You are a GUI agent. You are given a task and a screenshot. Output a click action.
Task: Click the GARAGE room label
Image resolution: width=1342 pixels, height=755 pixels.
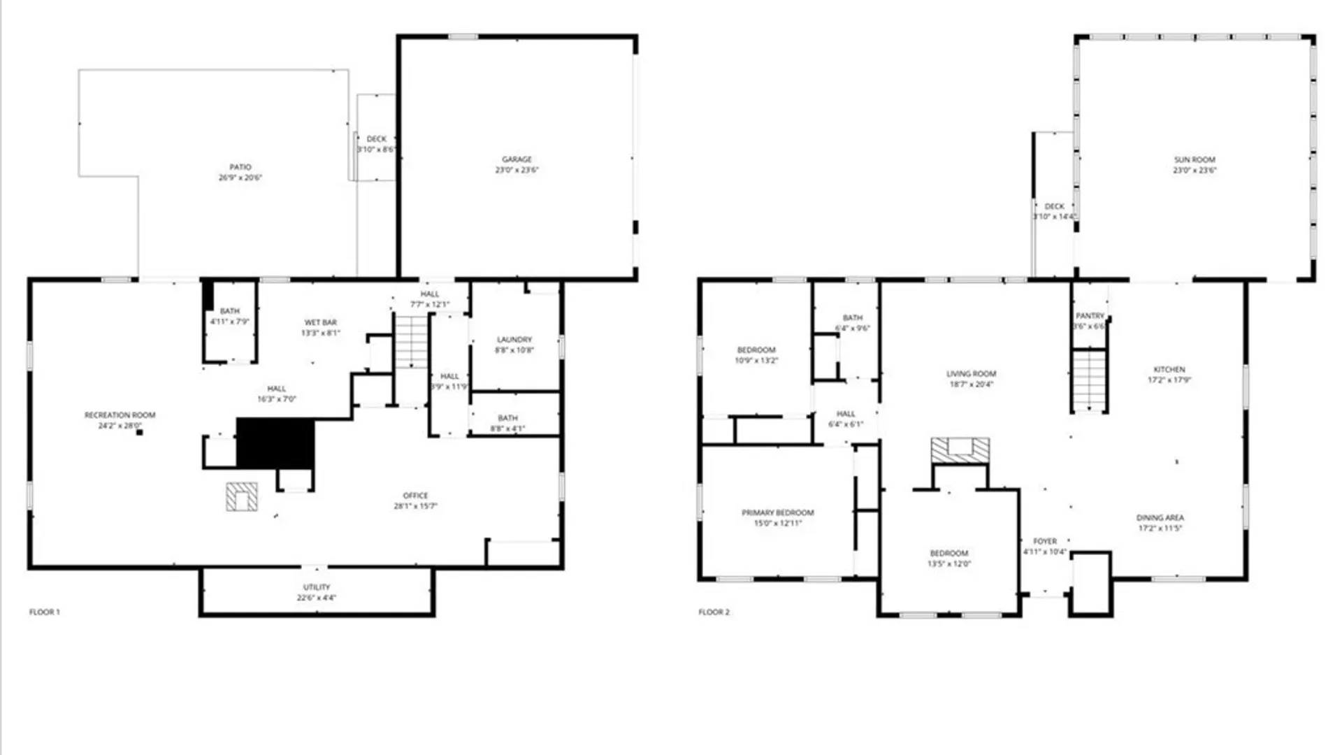pos(517,159)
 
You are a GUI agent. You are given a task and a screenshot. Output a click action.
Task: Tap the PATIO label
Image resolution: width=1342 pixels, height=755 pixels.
pos(240,167)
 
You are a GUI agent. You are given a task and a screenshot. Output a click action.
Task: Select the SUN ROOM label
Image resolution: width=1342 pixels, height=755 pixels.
pos(1195,159)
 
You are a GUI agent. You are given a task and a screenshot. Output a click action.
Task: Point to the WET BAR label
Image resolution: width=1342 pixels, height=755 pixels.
pos(321,322)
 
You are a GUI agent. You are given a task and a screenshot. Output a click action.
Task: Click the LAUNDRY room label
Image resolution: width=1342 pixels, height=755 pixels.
pos(514,339)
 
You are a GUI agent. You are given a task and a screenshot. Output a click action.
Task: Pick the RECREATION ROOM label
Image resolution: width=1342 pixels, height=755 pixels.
pos(120,415)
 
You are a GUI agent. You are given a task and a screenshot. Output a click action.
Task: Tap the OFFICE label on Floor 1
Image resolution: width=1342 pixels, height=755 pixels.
pos(415,495)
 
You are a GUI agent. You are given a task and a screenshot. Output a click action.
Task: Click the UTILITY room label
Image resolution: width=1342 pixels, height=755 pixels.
pos(317,587)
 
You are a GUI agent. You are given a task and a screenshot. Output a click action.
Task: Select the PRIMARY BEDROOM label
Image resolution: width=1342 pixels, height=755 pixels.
pos(777,512)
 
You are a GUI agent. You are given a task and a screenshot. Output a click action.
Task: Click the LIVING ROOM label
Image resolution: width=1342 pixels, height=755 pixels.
pos(971,374)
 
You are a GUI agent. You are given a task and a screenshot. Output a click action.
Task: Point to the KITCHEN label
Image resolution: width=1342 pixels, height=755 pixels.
pos(1169,369)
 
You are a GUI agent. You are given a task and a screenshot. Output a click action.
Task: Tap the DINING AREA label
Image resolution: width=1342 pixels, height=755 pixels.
pos(1160,518)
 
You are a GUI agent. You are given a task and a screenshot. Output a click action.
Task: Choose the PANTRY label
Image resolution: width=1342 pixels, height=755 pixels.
pos(1090,316)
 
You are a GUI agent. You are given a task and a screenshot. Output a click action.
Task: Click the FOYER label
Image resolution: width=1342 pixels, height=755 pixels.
pos(1045,541)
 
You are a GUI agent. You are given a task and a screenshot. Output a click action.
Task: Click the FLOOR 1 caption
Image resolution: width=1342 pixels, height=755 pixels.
pos(45,612)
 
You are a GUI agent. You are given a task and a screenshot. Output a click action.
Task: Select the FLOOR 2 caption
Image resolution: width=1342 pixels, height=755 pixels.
pos(714,612)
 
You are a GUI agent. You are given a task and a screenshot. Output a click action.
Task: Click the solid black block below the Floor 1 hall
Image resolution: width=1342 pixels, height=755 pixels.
pos(275,443)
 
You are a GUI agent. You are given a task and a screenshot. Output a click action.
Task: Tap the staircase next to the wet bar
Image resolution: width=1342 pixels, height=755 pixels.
pos(411,342)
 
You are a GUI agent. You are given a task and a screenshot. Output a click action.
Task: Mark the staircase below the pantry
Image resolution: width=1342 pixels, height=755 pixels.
pos(1090,381)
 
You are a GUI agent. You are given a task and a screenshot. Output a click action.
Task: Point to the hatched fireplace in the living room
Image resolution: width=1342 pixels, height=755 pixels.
pos(960,450)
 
